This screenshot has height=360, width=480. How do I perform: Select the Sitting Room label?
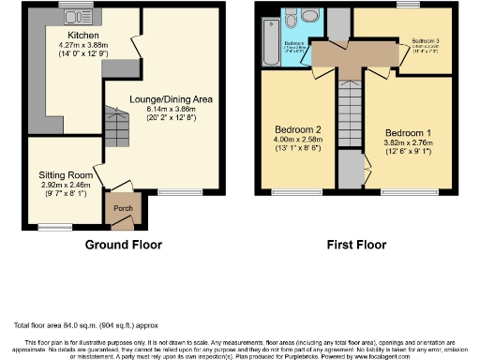click(66, 175)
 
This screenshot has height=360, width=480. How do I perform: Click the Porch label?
click(123, 208)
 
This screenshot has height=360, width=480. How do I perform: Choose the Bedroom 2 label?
click(299, 129)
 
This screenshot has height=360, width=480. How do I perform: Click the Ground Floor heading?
click(124, 245)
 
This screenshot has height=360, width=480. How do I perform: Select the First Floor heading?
click(356, 245)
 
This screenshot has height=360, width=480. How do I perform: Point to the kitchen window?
click(72, 7)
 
